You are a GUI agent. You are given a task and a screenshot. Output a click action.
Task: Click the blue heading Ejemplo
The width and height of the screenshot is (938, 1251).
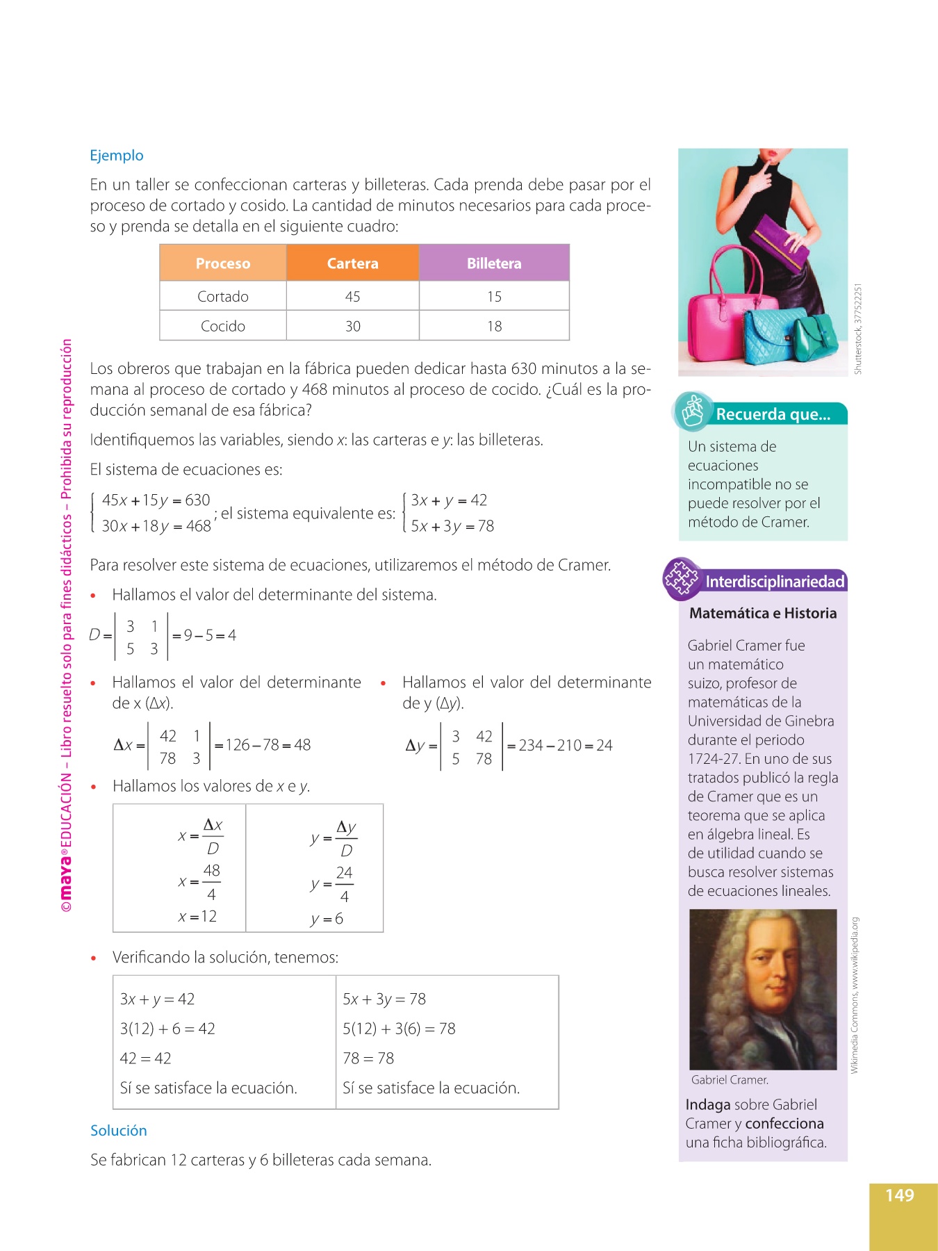[117, 156]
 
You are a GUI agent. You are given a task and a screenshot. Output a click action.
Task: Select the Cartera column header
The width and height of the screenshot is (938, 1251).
[352, 263]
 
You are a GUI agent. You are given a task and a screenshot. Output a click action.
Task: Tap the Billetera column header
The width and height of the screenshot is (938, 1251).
[494, 263]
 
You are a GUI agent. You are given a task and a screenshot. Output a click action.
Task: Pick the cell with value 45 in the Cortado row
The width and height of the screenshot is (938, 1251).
[352, 297]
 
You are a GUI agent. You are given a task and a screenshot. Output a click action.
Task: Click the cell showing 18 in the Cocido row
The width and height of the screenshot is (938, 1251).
[494, 327]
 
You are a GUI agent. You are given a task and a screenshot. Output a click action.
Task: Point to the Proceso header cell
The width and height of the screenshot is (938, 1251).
[222, 263]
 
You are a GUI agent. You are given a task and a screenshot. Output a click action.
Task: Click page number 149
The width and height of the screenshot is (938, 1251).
[899, 1195]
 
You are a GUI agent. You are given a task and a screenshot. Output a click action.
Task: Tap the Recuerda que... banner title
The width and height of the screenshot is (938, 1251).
[773, 414]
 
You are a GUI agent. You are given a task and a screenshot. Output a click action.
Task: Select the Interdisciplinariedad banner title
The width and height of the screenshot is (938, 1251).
[775, 582]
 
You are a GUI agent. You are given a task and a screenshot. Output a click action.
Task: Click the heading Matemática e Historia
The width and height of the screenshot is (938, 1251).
[762, 613]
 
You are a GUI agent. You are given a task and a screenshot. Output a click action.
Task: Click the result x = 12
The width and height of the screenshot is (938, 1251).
[197, 917]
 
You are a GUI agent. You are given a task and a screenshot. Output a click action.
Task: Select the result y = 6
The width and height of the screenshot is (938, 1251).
[327, 919]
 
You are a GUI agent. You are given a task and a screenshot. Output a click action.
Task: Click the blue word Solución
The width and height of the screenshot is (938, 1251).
[118, 1131]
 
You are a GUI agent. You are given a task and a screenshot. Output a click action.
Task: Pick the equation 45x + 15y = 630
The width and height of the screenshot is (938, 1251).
[156, 500]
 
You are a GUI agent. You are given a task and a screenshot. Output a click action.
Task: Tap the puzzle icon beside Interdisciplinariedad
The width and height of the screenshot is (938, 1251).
[681, 578]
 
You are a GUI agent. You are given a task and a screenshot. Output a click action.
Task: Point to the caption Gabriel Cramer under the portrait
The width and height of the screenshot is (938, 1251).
[730, 1080]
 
